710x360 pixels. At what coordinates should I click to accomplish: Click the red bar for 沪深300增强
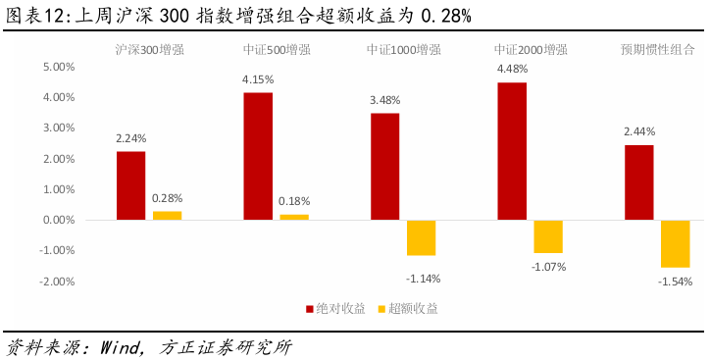(130, 185)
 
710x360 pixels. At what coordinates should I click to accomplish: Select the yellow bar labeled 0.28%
(167, 215)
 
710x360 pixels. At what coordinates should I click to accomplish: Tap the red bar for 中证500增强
(258, 156)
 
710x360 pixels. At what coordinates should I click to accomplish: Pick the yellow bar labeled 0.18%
(294, 217)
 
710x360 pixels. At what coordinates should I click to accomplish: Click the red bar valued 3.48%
(384, 167)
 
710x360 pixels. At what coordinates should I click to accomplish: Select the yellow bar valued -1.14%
(421, 237)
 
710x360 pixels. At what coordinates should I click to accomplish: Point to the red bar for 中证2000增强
(512, 151)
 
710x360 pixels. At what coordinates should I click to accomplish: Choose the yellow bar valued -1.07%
(548, 236)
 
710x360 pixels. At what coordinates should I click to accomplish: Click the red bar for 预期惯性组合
(638, 182)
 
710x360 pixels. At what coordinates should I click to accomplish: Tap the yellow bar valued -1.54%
(675, 243)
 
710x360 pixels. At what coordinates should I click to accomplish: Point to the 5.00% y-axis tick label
(58, 67)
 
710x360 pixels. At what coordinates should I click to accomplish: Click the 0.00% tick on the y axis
(58, 220)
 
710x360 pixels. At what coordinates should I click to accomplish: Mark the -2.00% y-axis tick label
(57, 281)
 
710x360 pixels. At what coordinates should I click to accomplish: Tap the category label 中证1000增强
(403, 48)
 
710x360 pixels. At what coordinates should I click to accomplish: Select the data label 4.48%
(512, 69)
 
